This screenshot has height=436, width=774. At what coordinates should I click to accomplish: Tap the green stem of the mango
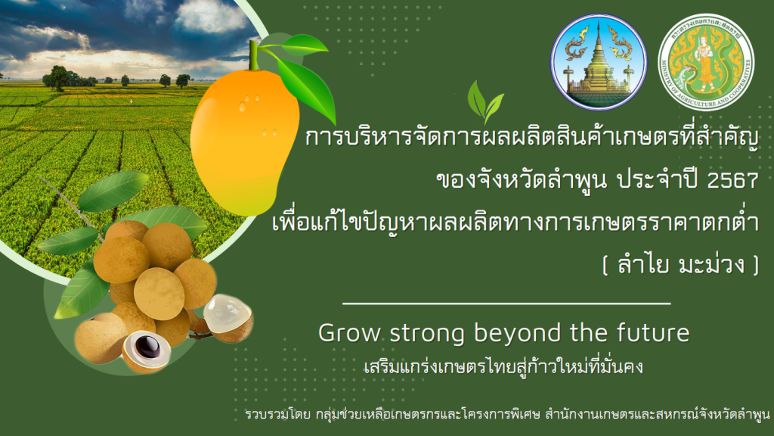point(254,55)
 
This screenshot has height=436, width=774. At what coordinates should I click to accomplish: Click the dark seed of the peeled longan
point(147,347)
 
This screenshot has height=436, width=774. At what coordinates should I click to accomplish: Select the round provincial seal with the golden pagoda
point(599,62)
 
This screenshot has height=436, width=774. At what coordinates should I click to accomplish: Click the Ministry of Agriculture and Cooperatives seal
point(706,62)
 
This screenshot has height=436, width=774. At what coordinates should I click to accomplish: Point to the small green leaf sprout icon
point(485,102)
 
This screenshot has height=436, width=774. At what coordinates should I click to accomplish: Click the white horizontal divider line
point(506,304)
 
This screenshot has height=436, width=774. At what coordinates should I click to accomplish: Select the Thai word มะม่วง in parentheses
point(711,264)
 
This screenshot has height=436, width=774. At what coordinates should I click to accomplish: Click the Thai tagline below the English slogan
point(503,367)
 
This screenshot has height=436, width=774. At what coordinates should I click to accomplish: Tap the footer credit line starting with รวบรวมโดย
point(507,414)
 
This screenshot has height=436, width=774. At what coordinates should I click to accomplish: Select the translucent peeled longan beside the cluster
point(228,319)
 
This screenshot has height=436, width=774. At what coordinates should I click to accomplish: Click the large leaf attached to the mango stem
point(307,89)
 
